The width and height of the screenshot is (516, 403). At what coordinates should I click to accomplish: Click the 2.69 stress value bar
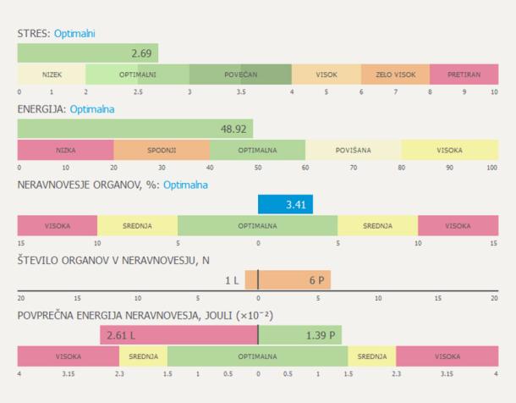(x=88, y=53)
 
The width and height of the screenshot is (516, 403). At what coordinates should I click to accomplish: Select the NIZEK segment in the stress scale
(x=52, y=75)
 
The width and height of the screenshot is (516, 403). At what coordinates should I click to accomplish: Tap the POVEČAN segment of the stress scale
(x=240, y=75)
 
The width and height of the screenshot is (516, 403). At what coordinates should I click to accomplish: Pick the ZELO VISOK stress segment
(x=395, y=75)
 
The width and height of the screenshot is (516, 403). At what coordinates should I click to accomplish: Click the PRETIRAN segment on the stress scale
(x=464, y=75)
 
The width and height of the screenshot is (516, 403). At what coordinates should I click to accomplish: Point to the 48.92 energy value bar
(x=135, y=129)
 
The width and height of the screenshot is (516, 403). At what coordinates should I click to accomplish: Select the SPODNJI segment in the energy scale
(x=162, y=150)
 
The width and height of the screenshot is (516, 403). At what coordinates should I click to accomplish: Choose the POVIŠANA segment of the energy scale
(x=353, y=150)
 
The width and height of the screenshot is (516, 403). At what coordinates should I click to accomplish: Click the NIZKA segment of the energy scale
(x=65, y=150)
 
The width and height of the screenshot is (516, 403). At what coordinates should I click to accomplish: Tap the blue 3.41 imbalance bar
(x=285, y=204)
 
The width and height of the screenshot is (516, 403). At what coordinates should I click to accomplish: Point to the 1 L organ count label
(x=233, y=279)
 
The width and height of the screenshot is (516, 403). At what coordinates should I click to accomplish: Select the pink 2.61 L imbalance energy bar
(x=178, y=335)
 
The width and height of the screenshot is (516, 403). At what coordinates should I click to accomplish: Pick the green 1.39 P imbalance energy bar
(x=299, y=335)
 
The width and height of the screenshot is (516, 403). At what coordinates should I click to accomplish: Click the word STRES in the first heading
(x=32, y=34)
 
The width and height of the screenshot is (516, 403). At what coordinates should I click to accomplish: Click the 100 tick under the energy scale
(x=491, y=168)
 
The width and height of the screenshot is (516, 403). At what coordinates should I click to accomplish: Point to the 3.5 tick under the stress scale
(x=240, y=91)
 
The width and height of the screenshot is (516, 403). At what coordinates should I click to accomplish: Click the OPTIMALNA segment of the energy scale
(x=257, y=150)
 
